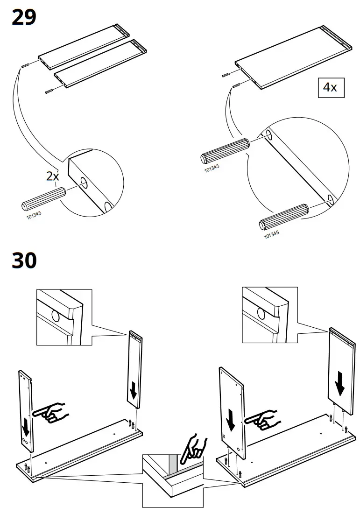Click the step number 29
click(24, 18)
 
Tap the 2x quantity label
click(52, 176)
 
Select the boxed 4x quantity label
click(331, 87)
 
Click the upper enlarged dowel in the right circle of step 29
click(226, 150)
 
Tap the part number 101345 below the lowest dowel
click(272, 234)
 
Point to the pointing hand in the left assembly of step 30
click(50, 411)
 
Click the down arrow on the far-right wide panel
click(340, 384)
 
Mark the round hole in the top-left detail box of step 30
click(56, 317)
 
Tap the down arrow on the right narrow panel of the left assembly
click(134, 390)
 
